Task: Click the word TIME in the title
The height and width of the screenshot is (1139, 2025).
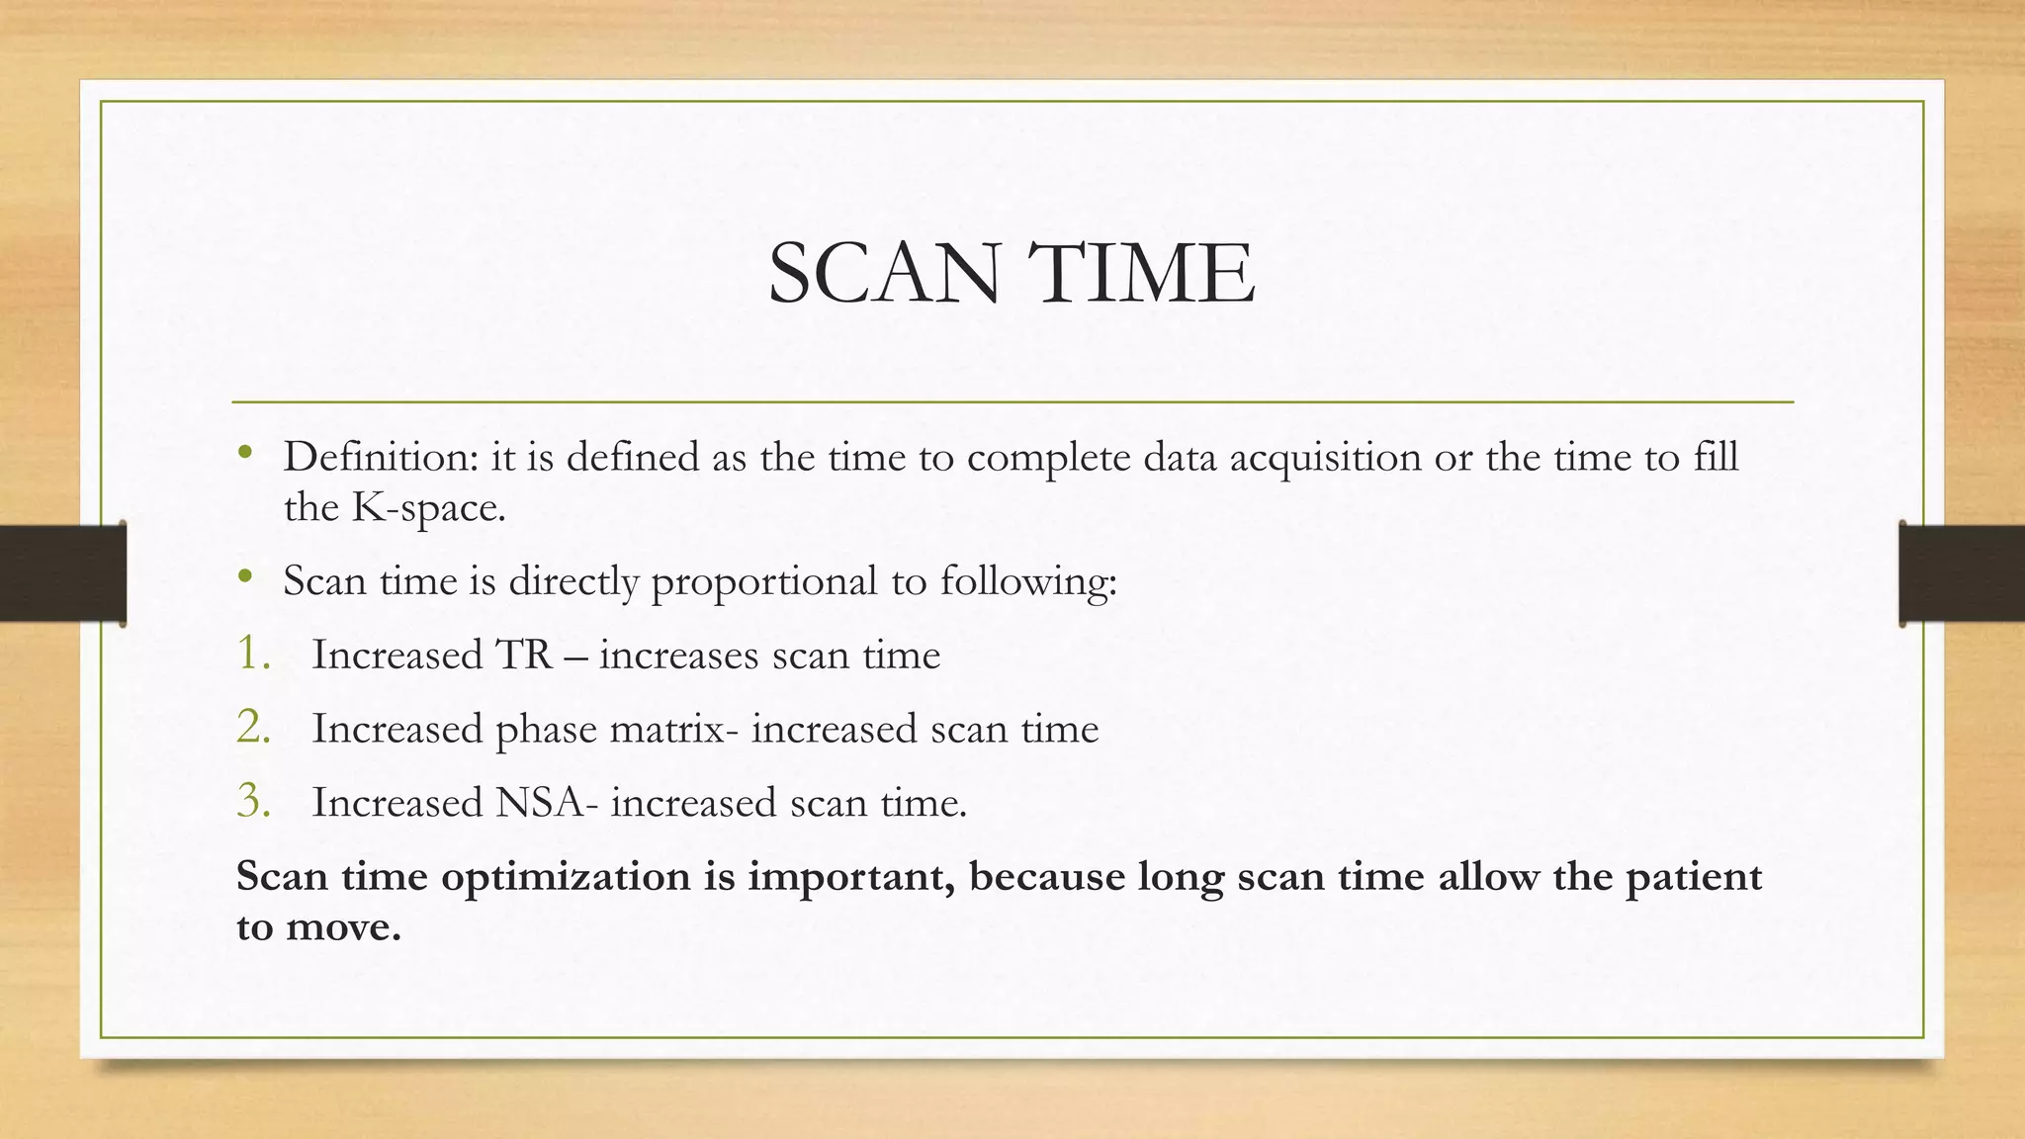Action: (x=1141, y=274)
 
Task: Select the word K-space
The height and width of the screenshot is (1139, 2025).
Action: (x=429, y=508)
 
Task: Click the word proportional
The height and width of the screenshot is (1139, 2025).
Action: (x=763, y=581)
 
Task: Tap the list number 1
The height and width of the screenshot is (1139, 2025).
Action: (x=253, y=654)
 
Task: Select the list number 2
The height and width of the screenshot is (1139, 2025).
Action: (x=253, y=728)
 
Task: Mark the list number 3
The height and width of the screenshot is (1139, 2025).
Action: (x=253, y=801)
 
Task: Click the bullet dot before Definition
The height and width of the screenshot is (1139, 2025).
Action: (x=245, y=454)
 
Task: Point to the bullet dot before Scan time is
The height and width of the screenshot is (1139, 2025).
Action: (x=245, y=577)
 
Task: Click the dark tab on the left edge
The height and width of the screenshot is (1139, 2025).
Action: (x=62, y=573)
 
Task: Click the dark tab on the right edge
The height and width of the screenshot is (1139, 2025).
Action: (x=1962, y=573)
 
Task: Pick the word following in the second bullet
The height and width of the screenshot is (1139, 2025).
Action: (x=1027, y=581)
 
